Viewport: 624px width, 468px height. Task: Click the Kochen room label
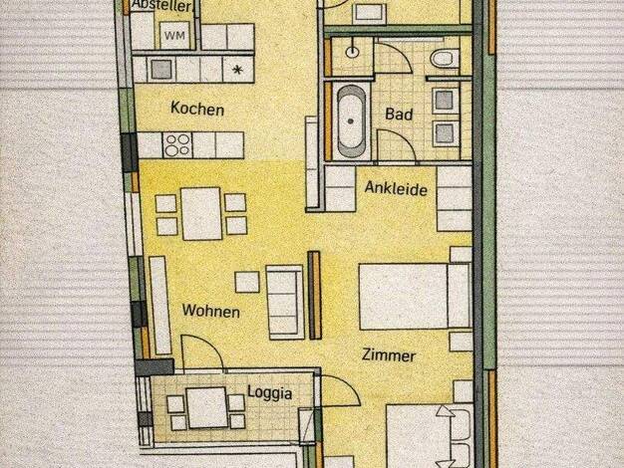pos(197,109)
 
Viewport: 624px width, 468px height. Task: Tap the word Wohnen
pos(211,311)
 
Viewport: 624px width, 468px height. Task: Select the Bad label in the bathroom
pos(399,115)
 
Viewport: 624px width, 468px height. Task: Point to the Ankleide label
pos(396,188)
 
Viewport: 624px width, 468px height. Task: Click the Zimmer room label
pos(389,354)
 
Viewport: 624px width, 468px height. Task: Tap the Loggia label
pos(270,393)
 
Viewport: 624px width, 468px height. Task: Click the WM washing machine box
pos(174,36)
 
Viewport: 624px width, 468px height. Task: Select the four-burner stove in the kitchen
pos(177,145)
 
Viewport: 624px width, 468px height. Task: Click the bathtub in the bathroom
pos(352,121)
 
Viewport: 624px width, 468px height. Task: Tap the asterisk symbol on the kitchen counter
pos(237,71)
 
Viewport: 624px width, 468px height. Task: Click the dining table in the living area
pos(201,213)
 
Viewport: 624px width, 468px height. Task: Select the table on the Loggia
pos(207,407)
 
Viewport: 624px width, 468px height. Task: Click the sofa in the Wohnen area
pos(285,302)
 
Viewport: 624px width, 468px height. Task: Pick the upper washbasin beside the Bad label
pos(444,100)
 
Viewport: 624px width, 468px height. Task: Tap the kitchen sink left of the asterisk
pos(161,69)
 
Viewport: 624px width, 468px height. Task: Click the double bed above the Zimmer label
pos(416,297)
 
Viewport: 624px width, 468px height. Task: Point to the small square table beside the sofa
pos(247,282)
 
